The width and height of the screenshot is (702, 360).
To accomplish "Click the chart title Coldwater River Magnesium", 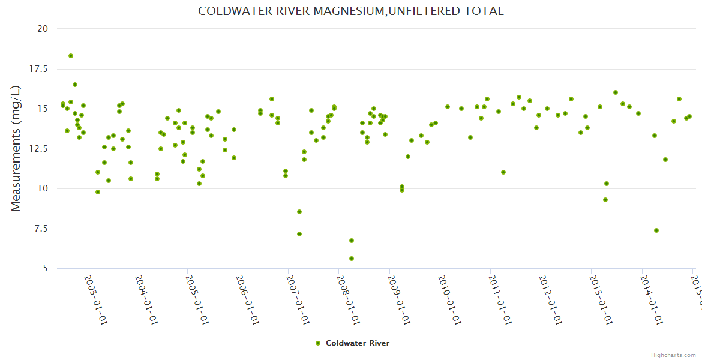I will click(351, 11).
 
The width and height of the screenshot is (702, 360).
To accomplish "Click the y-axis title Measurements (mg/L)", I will click(16, 148).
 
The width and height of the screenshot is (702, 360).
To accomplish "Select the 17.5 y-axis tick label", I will click(38, 69).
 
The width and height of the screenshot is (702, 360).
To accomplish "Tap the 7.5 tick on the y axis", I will click(40, 229).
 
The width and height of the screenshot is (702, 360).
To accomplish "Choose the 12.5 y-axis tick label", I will click(38, 149).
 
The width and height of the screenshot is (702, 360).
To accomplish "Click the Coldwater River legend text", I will click(358, 343).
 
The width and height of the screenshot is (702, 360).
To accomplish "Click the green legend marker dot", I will click(318, 343).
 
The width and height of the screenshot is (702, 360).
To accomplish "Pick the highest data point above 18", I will click(71, 56).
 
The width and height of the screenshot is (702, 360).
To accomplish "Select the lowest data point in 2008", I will click(352, 259).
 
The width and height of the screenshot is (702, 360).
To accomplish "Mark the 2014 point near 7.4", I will click(656, 230).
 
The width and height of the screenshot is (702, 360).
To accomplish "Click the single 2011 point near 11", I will click(503, 172).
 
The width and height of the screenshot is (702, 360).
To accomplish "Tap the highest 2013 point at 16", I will click(616, 92).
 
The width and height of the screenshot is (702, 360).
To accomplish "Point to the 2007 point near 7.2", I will click(299, 234).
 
